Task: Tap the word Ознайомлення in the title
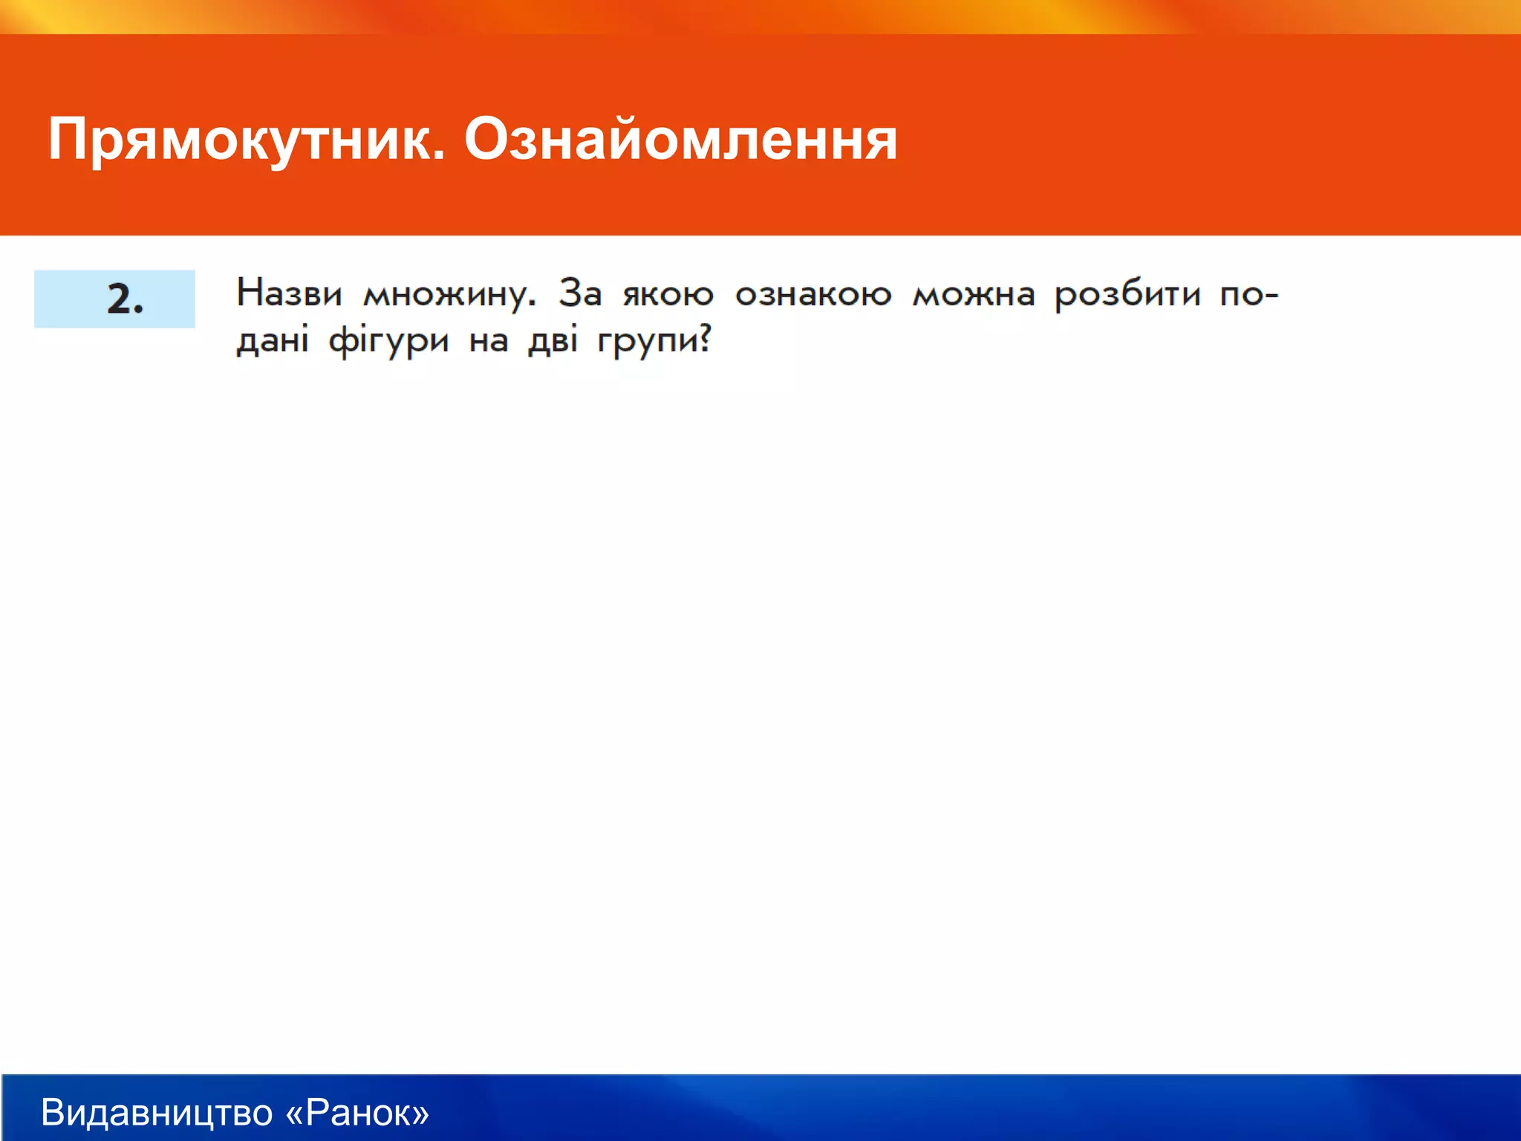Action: [x=680, y=140]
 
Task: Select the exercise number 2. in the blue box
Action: [x=124, y=299]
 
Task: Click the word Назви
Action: [x=289, y=293]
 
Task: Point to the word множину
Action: [x=448, y=295]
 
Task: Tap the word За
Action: [x=579, y=293]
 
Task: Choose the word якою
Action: [x=668, y=295]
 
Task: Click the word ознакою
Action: [x=812, y=295]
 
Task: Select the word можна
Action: [x=973, y=295]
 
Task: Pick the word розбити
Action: [x=1127, y=295]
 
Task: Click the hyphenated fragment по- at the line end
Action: [x=1248, y=295]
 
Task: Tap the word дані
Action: [x=272, y=341]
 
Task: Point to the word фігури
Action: [x=388, y=342]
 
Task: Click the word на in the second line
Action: [x=488, y=342]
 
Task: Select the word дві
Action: [x=553, y=341]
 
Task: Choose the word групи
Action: [x=647, y=342]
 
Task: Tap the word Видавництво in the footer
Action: [x=157, y=1113]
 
